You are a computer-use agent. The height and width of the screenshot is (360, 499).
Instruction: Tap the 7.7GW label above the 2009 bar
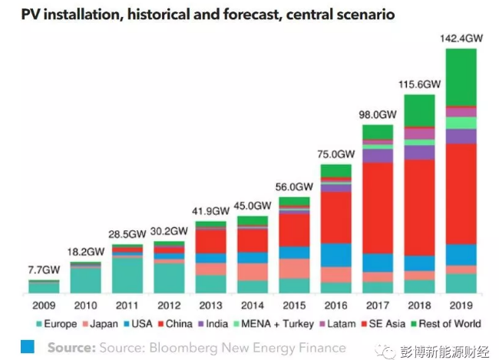[x=43, y=270]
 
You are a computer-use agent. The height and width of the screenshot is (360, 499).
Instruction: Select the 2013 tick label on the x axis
[x=210, y=306]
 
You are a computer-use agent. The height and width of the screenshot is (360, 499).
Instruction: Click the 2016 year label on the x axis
[x=335, y=306]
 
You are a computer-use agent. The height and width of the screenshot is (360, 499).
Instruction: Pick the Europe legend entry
[x=56, y=324]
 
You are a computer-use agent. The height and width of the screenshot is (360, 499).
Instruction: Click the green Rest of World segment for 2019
[x=461, y=77]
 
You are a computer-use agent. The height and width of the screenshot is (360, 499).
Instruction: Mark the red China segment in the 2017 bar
[x=378, y=207]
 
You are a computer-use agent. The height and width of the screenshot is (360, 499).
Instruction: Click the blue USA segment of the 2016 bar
[x=335, y=254]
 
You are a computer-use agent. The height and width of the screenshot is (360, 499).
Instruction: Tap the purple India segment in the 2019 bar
[x=461, y=136]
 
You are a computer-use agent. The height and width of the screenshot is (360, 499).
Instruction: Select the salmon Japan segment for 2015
[x=294, y=268]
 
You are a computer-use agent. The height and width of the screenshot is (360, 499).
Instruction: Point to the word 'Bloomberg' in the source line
[x=189, y=348]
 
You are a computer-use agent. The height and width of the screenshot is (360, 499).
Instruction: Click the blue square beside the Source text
[x=28, y=347]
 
